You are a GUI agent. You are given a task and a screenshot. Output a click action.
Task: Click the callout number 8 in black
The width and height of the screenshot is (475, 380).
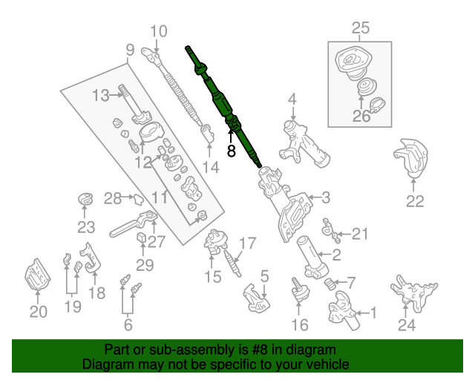pos(231,151)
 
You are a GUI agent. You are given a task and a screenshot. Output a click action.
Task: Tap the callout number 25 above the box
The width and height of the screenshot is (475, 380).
pos(360,29)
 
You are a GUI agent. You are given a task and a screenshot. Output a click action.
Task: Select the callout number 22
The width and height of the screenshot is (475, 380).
pos(414,200)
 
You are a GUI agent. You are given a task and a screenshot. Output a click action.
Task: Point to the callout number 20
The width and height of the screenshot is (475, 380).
pos(38,312)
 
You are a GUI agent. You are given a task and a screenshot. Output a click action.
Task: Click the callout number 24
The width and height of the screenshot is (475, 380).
pos(407,324)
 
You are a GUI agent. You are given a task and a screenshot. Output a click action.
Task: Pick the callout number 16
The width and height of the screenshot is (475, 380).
pos(299,324)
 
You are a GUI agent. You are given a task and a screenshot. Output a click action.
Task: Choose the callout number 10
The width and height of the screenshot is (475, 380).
pos(159,31)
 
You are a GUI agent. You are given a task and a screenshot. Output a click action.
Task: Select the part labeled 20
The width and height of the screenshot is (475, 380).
pos(36,280)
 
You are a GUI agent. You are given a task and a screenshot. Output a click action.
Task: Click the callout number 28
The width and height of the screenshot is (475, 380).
pos(112,198)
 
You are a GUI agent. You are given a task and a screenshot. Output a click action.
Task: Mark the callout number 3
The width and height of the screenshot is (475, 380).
pos(326,197)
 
